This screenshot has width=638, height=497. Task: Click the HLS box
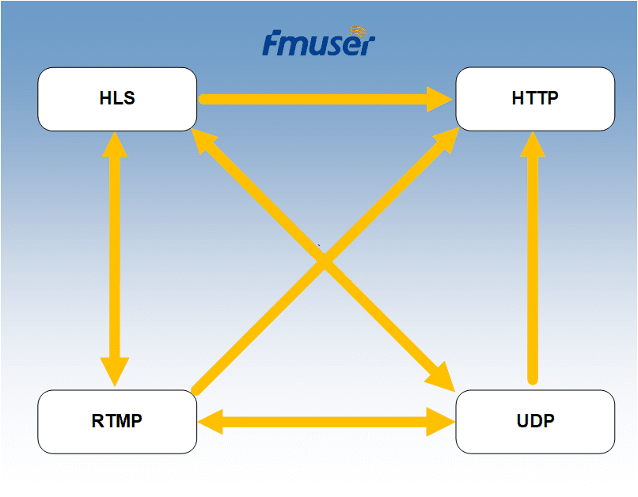coord(117,99)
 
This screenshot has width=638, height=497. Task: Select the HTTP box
coord(535,99)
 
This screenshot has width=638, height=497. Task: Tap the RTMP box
coord(117,421)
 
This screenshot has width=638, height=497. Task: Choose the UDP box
coord(535,421)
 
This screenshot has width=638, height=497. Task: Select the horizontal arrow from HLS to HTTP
coord(317,100)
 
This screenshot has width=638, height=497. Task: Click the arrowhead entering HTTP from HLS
coord(439,100)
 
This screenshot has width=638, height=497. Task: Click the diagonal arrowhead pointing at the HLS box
coord(207,142)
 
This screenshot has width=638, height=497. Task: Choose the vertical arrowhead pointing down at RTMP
coord(116,372)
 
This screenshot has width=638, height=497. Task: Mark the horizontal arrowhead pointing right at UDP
coord(440,422)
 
